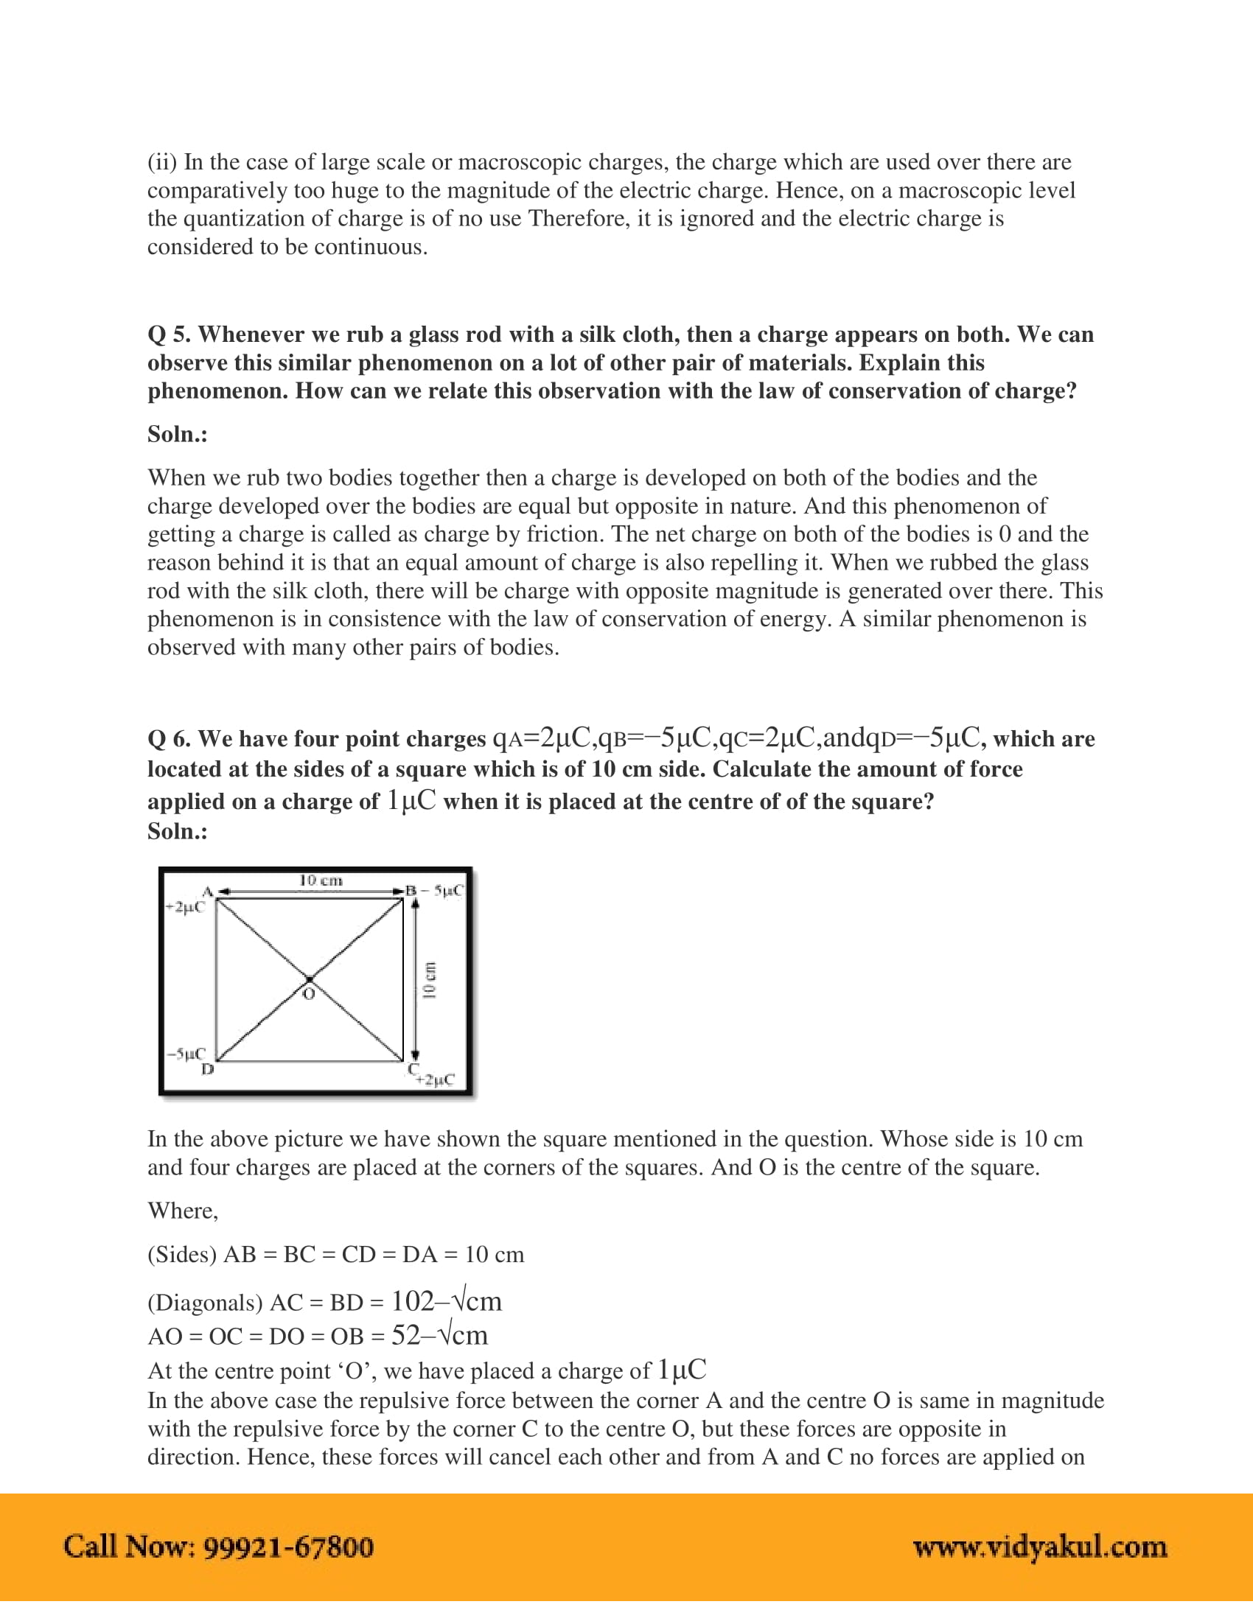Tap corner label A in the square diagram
click(x=208, y=892)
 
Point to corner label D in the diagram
click(x=208, y=1069)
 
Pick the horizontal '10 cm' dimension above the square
click(x=320, y=881)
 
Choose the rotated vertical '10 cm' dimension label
click(x=429, y=980)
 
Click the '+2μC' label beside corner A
click(x=185, y=907)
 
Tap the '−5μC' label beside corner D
click(x=186, y=1054)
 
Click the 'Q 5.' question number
click(x=170, y=335)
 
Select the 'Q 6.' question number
click(x=170, y=739)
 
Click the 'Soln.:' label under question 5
click(x=178, y=434)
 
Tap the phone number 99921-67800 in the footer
click(x=288, y=1547)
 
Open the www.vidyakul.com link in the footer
click(x=1039, y=1547)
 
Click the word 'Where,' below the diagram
click(x=183, y=1211)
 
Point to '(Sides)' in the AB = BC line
click(x=182, y=1255)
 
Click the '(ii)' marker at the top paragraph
click(x=162, y=163)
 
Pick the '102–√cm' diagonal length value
click(x=446, y=1302)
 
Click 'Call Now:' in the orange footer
click(x=129, y=1547)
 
